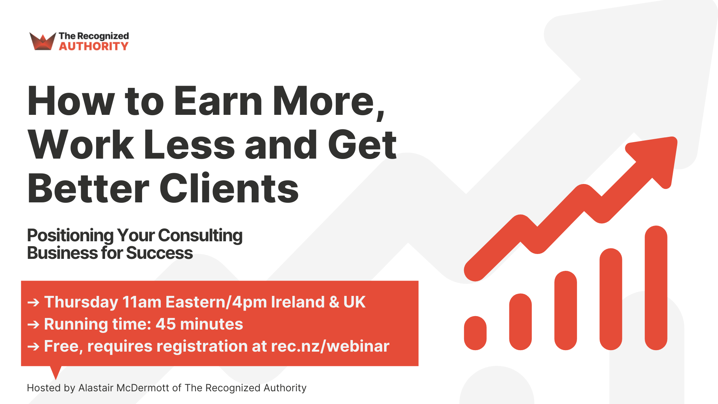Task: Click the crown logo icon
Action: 42,41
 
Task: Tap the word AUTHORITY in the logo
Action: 93,46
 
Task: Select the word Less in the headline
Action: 189,145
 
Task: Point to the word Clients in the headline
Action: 229,189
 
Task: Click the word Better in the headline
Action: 88,189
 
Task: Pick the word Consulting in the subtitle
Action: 200,236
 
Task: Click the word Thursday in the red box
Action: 81,302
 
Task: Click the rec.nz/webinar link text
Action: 330,346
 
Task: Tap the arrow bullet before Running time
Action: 33,324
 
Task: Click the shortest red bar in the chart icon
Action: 475,333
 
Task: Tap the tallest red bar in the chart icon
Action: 656,288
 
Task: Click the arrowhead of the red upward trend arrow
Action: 658,157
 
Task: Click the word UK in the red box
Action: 354,302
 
